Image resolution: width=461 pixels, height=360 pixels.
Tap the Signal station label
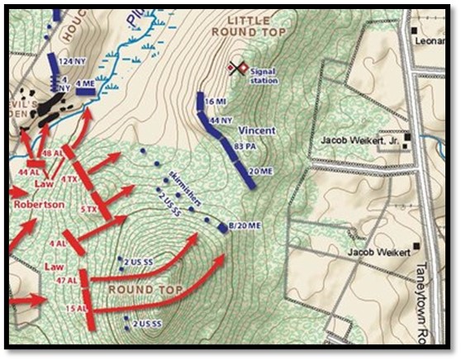[263, 77]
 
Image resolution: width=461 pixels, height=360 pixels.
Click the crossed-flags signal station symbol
[239, 68]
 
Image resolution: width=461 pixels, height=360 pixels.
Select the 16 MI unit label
[215, 101]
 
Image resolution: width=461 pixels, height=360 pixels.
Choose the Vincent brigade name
[257, 131]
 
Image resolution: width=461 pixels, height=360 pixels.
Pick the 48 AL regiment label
[52, 154]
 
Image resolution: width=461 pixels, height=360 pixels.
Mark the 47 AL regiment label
[62, 282]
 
